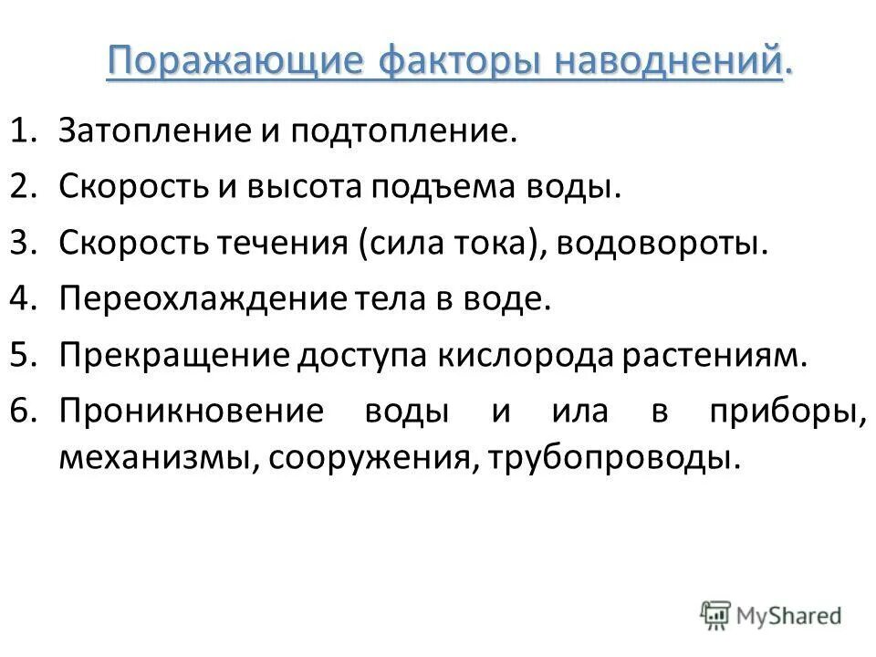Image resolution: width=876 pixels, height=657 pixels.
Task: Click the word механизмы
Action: point(158,458)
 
